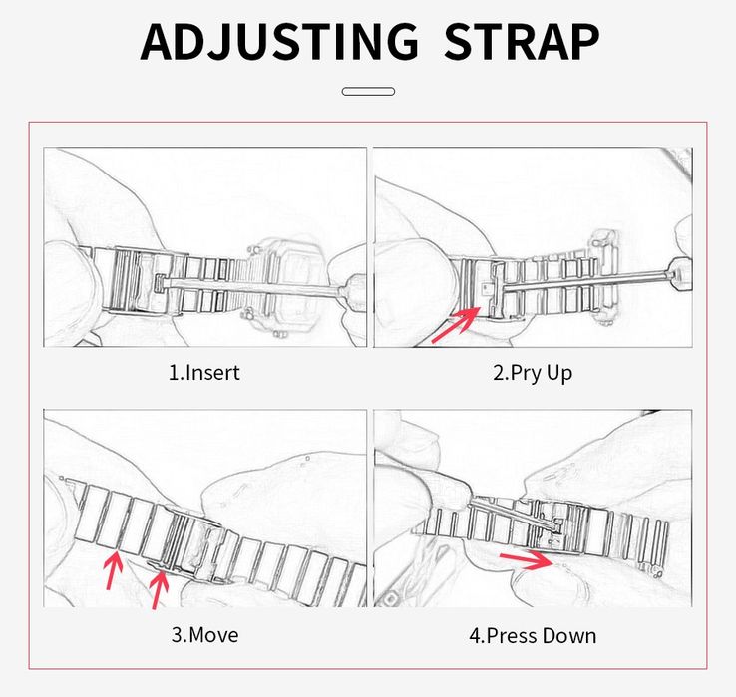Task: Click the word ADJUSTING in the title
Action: click(x=279, y=41)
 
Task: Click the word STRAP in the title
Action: click(x=522, y=41)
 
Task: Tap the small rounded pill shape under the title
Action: click(x=368, y=91)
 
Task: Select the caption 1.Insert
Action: click(x=204, y=373)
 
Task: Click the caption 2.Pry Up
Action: click(x=533, y=374)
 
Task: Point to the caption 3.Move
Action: click(x=204, y=635)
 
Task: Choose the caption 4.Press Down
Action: click(x=533, y=636)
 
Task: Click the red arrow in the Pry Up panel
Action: click(x=456, y=324)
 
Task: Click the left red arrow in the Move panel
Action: click(x=113, y=570)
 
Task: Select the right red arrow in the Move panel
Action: click(x=158, y=589)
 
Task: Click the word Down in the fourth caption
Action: click(x=568, y=636)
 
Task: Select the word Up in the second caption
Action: click(x=558, y=375)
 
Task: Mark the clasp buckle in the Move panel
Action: click(x=193, y=544)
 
